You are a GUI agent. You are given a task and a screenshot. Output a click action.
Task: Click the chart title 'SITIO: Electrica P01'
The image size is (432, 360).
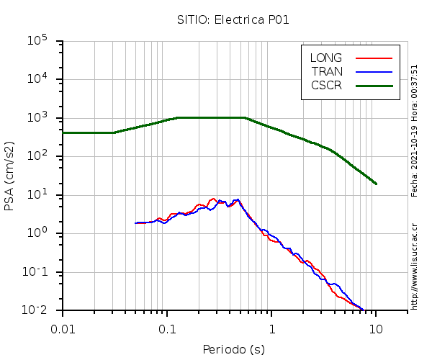click(233, 19)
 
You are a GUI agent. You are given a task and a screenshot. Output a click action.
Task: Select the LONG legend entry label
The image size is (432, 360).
click(326, 58)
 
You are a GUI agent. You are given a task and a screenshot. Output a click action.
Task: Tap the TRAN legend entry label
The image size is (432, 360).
click(326, 71)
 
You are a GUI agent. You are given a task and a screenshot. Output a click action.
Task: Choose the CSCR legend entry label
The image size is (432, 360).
click(326, 85)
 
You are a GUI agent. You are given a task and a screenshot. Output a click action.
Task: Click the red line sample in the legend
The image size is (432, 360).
click(374, 58)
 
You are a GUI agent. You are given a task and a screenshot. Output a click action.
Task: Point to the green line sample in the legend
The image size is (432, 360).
click(374, 85)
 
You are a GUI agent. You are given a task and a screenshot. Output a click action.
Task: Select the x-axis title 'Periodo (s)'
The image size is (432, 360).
click(233, 350)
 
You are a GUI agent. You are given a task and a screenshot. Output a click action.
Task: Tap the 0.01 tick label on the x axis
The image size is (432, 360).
click(63, 328)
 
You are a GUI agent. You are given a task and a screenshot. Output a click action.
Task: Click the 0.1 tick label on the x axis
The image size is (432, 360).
click(168, 328)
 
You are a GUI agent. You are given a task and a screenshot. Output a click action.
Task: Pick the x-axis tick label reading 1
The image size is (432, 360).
click(272, 328)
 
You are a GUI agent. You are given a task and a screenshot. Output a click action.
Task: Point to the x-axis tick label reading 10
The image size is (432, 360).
click(376, 328)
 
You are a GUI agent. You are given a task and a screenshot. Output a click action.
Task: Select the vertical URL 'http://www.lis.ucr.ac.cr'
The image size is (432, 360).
click(415, 266)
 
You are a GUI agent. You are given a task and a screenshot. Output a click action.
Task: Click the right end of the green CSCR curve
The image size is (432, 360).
click(376, 184)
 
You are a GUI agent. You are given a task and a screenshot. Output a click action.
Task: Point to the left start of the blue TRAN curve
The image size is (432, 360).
click(136, 223)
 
